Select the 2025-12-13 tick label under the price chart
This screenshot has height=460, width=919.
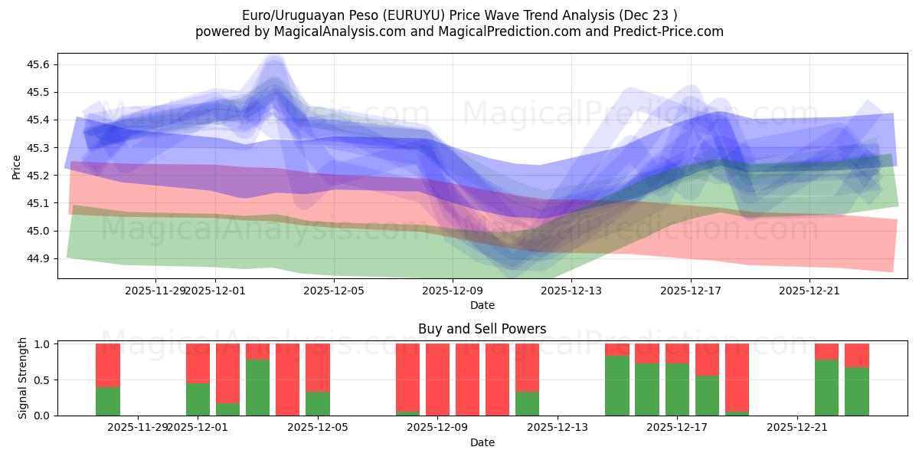coord(571,291)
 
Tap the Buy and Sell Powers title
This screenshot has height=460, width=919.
coord(482,329)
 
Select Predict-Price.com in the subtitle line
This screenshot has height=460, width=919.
coord(670,31)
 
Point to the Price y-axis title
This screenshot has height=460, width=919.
coord(17,166)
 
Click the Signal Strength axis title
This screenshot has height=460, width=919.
coord(23,378)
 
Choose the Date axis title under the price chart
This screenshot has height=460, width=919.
coord(482,305)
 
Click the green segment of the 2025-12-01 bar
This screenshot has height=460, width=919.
coord(198,399)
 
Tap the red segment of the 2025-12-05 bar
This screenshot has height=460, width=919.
coord(318,368)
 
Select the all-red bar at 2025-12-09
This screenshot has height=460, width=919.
coord(437,379)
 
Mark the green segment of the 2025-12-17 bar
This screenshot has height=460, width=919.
coord(677,389)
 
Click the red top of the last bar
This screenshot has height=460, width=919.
coord(857,355)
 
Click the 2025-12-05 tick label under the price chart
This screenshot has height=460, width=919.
coord(334,291)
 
